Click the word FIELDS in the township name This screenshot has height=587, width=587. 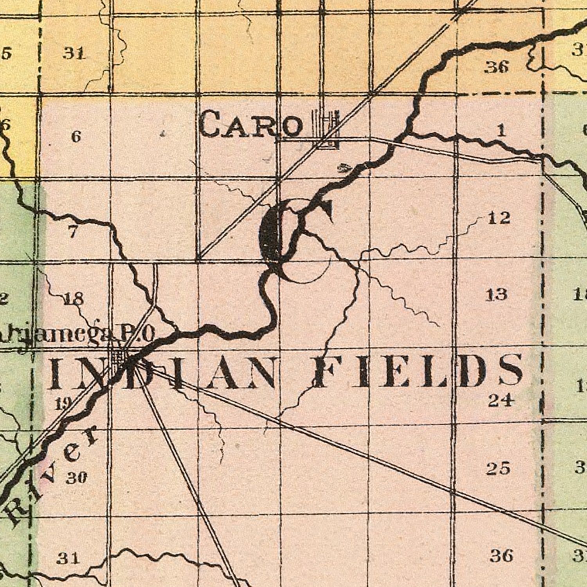point(419,370)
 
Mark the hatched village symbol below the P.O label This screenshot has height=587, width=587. point(119,356)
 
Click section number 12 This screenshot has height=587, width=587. point(499,218)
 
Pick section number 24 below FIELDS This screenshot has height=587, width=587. point(500,400)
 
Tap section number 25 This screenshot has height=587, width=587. point(499,468)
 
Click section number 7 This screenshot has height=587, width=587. point(72,232)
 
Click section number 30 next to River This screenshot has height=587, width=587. point(76,478)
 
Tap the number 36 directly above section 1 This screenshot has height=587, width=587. point(497,68)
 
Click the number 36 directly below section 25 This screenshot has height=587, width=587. point(501,555)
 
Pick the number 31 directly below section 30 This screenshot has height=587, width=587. point(69,558)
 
